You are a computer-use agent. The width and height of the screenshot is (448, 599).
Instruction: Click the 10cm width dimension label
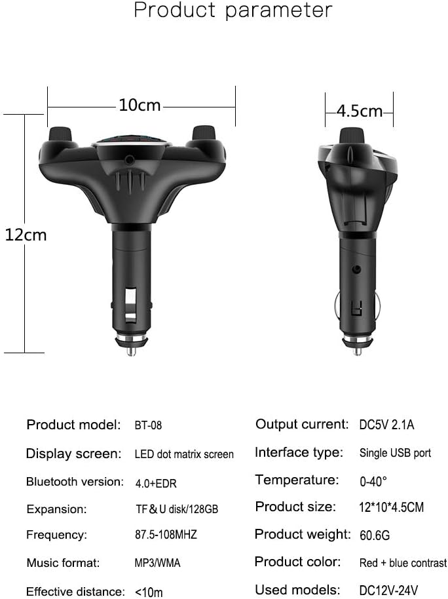(x=140, y=105)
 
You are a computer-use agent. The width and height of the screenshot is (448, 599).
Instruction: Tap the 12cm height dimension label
(x=26, y=235)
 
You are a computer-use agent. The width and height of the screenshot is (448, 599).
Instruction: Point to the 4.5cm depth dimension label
(x=360, y=111)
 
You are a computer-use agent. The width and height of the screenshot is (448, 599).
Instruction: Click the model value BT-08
(x=148, y=425)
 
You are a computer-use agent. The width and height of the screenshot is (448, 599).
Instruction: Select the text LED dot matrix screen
(x=184, y=454)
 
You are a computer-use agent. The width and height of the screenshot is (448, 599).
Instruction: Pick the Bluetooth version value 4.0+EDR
(x=156, y=484)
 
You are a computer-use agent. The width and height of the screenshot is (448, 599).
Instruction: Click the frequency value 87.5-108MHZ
(x=166, y=534)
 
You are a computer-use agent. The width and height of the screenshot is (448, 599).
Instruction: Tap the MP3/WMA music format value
(x=157, y=563)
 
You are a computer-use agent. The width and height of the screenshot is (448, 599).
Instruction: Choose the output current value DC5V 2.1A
(x=386, y=425)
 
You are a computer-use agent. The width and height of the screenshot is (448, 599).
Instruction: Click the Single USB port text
(x=396, y=453)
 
